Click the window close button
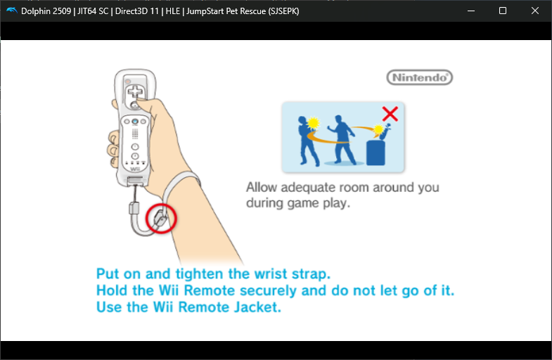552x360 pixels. (x=534, y=11)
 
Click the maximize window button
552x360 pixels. (x=503, y=11)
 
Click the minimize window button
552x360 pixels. (x=471, y=11)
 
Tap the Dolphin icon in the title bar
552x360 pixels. (x=12, y=11)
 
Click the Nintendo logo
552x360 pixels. (x=420, y=77)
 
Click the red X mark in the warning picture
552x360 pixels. (x=390, y=114)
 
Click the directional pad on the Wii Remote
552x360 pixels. (x=135, y=92)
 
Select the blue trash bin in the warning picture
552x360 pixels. (x=376, y=153)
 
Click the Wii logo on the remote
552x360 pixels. (x=135, y=169)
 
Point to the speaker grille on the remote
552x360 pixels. (x=135, y=134)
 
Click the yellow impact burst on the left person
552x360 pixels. (x=313, y=123)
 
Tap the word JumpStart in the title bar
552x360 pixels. (x=205, y=11)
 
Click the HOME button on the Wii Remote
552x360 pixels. (x=135, y=122)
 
